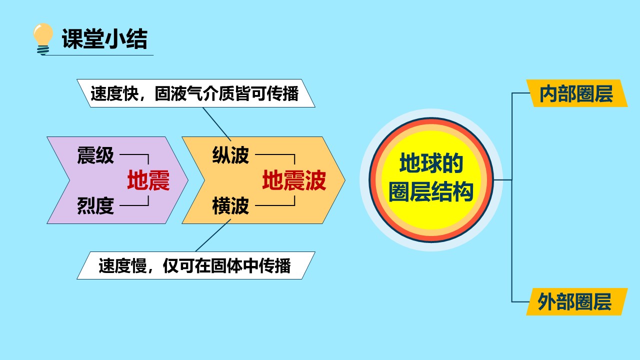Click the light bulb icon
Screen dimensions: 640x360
pyautogui.click(x=43, y=39)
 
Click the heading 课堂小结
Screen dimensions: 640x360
pyautogui.click(x=104, y=39)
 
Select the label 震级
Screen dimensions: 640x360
pyautogui.click(x=95, y=155)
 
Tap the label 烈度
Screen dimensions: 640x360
pyautogui.click(x=95, y=205)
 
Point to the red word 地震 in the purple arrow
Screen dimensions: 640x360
pyautogui.click(x=148, y=180)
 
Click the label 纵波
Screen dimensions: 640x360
pyautogui.click(x=230, y=155)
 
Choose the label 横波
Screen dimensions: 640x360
pyautogui.click(x=230, y=205)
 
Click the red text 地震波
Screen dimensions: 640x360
pyautogui.click(x=294, y=180)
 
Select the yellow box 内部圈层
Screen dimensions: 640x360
pyautogui.click(x=576, y=93)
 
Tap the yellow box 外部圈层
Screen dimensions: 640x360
pyautogui.click(x=576, y=301)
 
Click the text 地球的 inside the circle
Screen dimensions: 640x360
pyautogui.click(x=431, y=162)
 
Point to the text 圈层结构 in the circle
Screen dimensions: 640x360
pyautogui.click(x=431, y=191)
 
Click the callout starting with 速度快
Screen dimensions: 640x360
pyautogui.click(x=196, y=93)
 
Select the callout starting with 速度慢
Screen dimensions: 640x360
pyautogui.click(x=196, y=265)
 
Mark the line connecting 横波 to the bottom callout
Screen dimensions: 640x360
pyautogui.click(x=213, y=235)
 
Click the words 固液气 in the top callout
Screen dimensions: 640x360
pyautogui.click(x=178, y=93)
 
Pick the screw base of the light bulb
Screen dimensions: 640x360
pyautogui.click(x=43, y=50)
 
